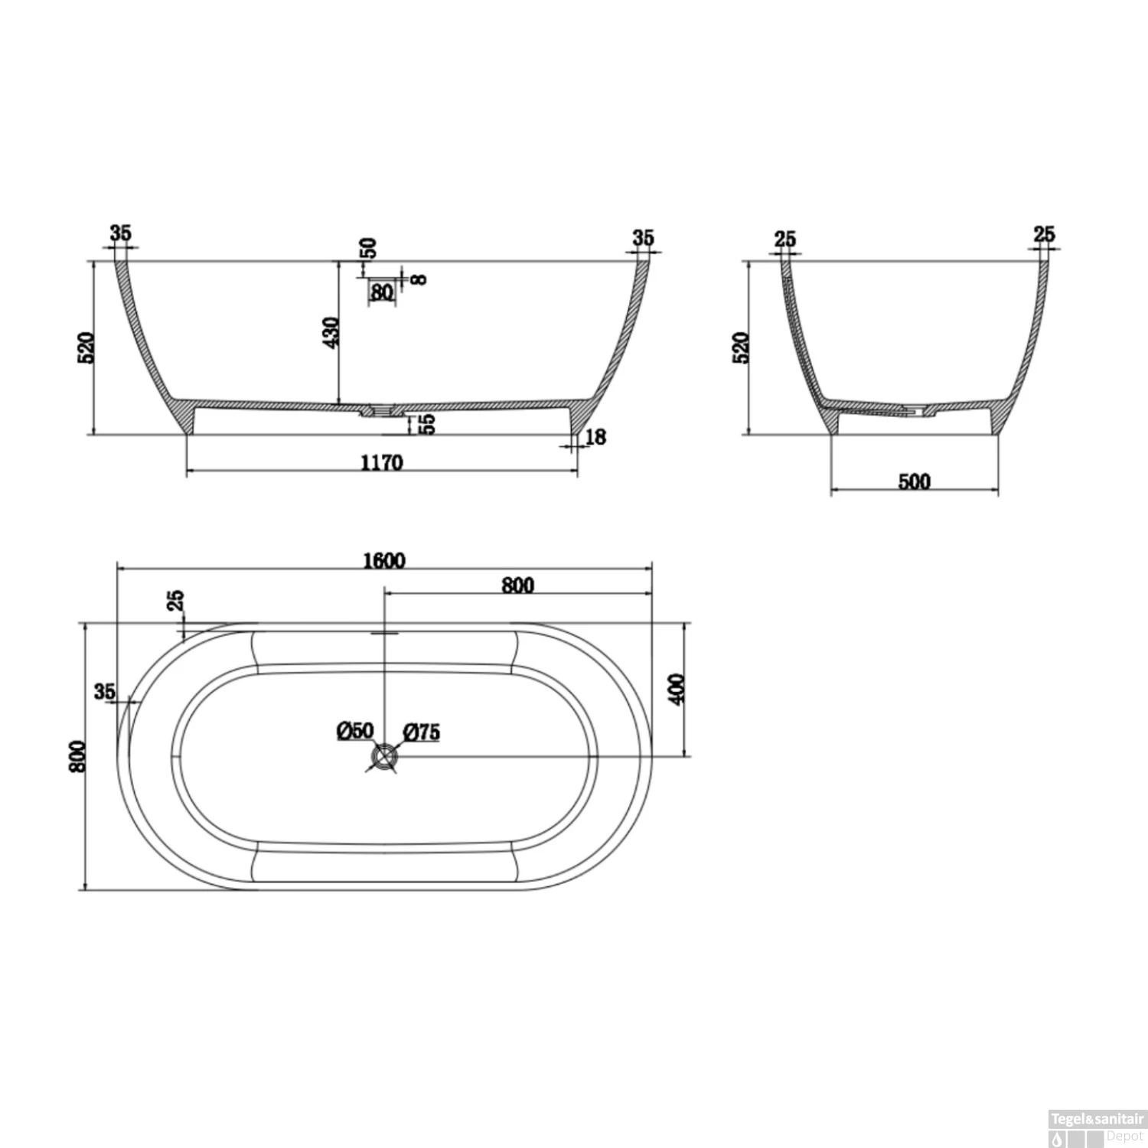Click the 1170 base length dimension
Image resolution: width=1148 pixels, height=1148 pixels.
[x=381, y=463]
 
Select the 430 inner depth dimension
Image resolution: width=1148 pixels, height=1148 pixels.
[x=331, y=332]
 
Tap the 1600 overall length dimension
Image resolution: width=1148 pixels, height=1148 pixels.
[x=383, y=560]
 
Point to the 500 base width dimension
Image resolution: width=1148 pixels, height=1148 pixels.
[x=915, y=481]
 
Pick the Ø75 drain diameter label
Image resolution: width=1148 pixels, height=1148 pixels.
[x=420, y=732]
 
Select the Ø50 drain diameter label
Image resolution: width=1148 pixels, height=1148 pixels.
[x=354, y=730]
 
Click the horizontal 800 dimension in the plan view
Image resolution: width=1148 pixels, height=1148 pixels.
[x=517, y=585]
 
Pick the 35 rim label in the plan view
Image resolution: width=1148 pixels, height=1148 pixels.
[x=105, y=692]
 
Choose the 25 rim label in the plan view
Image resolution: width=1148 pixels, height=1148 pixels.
[x=175, y=601]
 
